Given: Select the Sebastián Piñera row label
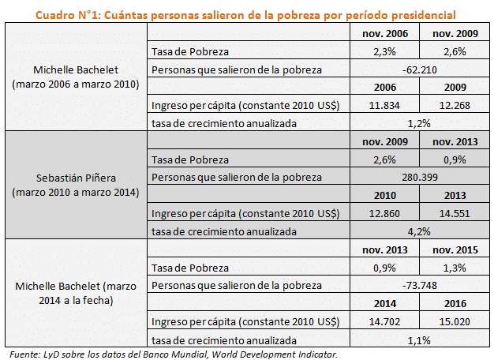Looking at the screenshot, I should click(x=77, y=186).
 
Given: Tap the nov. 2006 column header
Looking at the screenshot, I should click(x=384, y=34).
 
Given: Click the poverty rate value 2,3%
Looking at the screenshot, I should click(x=384, y=51).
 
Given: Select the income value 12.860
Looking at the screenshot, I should click(x=384, y=213).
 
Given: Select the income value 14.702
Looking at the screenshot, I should click(x=384, y=321).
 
